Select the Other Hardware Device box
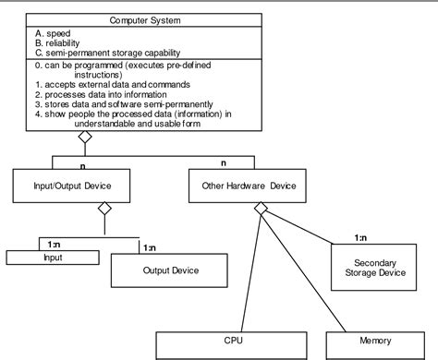click(249, 186)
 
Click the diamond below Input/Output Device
click(103, 209)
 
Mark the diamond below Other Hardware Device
click(262, 209)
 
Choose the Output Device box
click(170, 270)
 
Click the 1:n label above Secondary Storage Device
click(363, 238)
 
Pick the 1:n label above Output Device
click(148, 246)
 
